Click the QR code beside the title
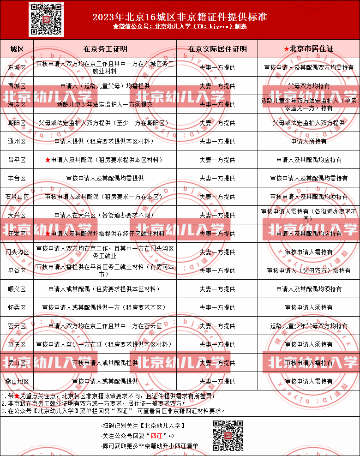[46, 19]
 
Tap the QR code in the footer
[228, 435]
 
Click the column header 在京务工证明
[105, 48]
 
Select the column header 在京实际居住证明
[217, 48]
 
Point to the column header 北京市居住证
[309, 48]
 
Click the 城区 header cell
[17, 48]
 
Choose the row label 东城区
[17, 67]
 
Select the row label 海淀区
[17, 104]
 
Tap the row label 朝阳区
[17, 123]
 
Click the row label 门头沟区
[17, 252]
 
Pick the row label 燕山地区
[17, 381]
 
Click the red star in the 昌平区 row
[48, 160]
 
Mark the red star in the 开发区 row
[48, 234]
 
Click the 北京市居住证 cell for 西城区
[309, 86]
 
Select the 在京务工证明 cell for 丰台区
[105, 178]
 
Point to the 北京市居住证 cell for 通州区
[309, 141]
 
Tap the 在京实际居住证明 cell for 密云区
[217, 326]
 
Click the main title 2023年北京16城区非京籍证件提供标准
[180, 17]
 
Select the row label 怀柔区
[17, 307]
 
